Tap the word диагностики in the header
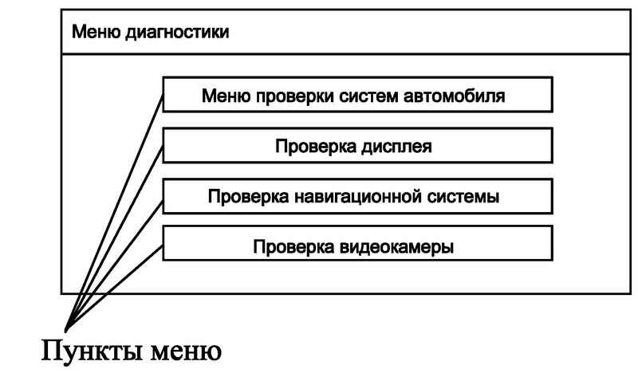pos(177,33)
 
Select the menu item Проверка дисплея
pos(357,146)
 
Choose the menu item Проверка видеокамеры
pos(357,244)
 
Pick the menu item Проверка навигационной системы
pos(357,196)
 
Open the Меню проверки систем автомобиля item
pos(357,94)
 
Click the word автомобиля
pos(454,96)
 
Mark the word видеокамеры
pos(396,247)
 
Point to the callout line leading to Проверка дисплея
pos(114,238)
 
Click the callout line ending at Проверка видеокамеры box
pos(114,289)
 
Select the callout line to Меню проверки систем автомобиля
pos(114,213)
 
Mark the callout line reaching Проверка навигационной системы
pos(114,266)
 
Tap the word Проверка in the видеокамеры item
pos(293,247)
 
